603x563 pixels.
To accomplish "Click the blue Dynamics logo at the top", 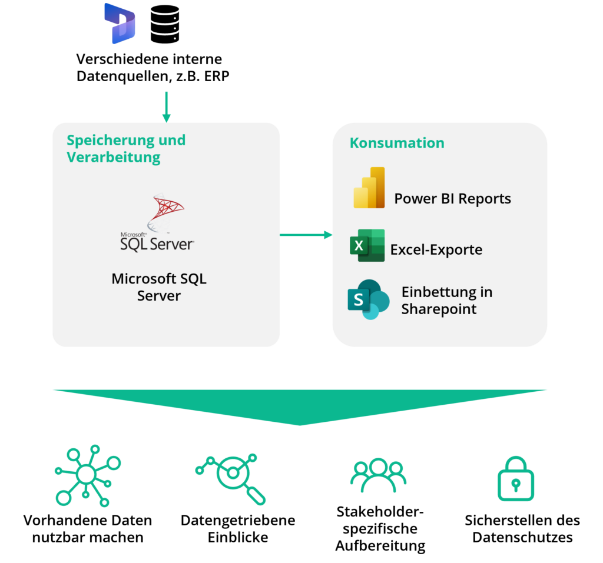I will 120,24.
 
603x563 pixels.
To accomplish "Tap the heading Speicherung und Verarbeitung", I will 125,148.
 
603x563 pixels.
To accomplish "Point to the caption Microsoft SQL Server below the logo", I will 159,287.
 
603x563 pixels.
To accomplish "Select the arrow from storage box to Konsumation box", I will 306,235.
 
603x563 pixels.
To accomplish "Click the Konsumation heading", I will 397,143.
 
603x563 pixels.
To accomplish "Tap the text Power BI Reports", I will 452,198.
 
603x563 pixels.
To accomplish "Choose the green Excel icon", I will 367,245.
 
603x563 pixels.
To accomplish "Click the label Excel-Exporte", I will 436,249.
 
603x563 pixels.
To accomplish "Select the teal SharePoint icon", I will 368,299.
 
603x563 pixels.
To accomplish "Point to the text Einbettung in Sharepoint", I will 446,300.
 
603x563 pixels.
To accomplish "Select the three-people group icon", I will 378,475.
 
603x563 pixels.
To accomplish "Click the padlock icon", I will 515,479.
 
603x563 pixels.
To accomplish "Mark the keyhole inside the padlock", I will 516,485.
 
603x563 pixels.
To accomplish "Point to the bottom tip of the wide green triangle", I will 300,425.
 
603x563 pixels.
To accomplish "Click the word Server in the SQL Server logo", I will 171,244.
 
